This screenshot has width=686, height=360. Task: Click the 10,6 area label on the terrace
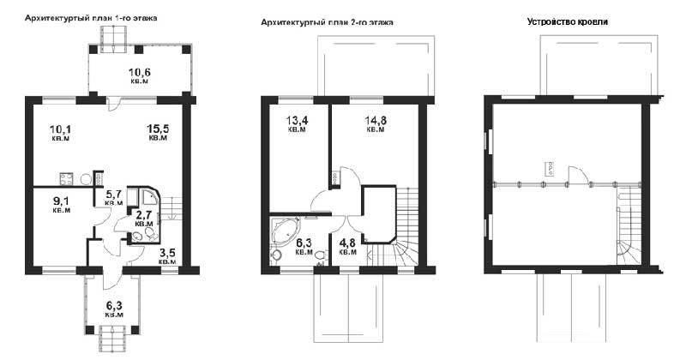tap(139, 75)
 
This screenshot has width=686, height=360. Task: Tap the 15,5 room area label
tap(158, 132)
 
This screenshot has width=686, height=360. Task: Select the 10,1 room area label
tap(61, 133)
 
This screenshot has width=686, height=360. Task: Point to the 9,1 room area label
tap(61, 204)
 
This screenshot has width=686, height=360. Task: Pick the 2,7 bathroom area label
tap(144, 218)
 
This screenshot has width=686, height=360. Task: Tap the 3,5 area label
tap(167, 256)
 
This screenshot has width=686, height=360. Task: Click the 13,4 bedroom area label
tap(297, 123)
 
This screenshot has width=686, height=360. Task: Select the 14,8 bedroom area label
tap(376, 123)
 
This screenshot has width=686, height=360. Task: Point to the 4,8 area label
tap(348, 247)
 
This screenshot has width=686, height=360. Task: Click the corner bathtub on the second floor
tap(286, 231)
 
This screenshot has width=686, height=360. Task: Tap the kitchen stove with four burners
tap(67, 178)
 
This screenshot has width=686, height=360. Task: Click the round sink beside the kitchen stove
tap(86, 179)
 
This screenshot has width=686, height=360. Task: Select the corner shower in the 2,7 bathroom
tap(148, 196)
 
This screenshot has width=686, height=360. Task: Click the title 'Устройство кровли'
tap(568, 22)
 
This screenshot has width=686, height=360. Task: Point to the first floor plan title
tap(91, 18)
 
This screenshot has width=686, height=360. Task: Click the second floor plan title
tap(327, 22)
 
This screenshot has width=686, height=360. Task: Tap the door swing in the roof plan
tap(578, 175)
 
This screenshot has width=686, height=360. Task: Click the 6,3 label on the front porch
tap(114, 309)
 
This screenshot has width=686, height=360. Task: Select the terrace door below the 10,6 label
tap(113, 103)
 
